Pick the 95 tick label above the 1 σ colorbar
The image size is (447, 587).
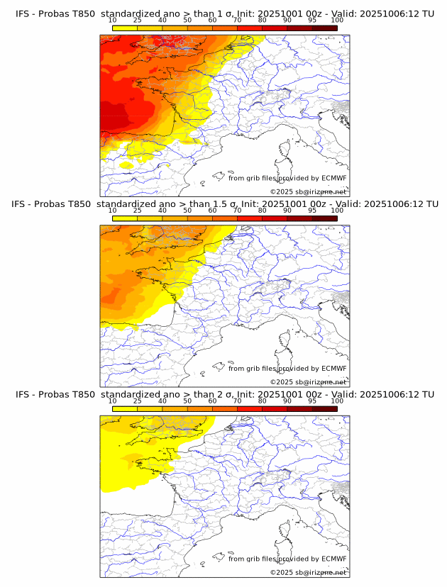[x=312, y=21]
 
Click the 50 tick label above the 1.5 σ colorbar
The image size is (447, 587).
[x=187, y=211]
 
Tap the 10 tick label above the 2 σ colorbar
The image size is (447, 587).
[x=113, y=401]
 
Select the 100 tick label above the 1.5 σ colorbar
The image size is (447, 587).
[x=337, y=211]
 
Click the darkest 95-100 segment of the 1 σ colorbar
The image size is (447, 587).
[x=325, y=28]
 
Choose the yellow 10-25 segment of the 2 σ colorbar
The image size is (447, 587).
[x=125, y=408]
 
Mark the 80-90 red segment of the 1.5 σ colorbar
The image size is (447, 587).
[x=275, y=218]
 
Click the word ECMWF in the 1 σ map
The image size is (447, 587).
[x=333, y=178]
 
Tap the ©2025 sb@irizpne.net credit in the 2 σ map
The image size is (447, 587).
[x=308, y=572]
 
